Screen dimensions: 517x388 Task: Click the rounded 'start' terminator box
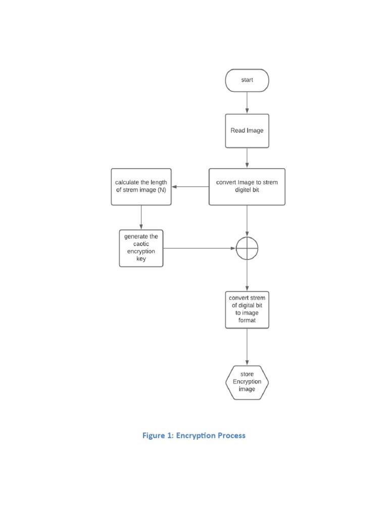247,80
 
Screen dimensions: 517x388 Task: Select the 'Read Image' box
247,130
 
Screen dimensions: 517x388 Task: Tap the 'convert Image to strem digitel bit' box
247,186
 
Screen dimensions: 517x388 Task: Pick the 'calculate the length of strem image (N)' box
141,186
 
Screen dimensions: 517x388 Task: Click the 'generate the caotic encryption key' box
141,248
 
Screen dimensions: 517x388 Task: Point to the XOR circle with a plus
247,248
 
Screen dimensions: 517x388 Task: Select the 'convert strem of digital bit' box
247,309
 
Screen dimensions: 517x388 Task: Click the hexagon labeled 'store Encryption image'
247,382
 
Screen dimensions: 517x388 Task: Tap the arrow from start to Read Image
247,102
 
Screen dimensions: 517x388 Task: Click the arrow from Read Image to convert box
247,158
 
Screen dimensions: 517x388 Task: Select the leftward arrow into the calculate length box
190,186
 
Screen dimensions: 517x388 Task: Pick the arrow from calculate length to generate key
141,217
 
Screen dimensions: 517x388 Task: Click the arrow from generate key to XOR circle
200,248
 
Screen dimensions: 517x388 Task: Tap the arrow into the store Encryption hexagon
247,347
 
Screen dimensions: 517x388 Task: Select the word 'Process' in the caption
232,435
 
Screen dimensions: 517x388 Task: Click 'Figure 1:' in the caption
157,435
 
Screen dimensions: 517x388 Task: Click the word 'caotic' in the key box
141,244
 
